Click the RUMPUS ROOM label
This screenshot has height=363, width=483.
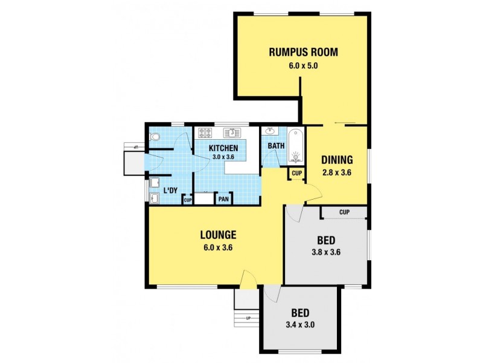coord(303,51)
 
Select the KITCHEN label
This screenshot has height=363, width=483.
coord(224,148)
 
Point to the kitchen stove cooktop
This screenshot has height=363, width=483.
coord(203,132)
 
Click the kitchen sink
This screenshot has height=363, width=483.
coord(231,132)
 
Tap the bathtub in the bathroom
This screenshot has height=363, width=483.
coord(295,147)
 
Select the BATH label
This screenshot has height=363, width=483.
coord(276,146)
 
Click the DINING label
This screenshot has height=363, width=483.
coord(337,160)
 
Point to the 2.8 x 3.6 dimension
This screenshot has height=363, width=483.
coord(337,172)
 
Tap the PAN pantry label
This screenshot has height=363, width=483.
coord(223,199)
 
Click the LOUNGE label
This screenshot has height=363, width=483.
coord(218,235)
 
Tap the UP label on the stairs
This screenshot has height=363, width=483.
coord(248,318)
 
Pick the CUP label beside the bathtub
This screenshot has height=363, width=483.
coord(296,174)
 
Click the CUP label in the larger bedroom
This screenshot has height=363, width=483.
coord(344,212)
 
